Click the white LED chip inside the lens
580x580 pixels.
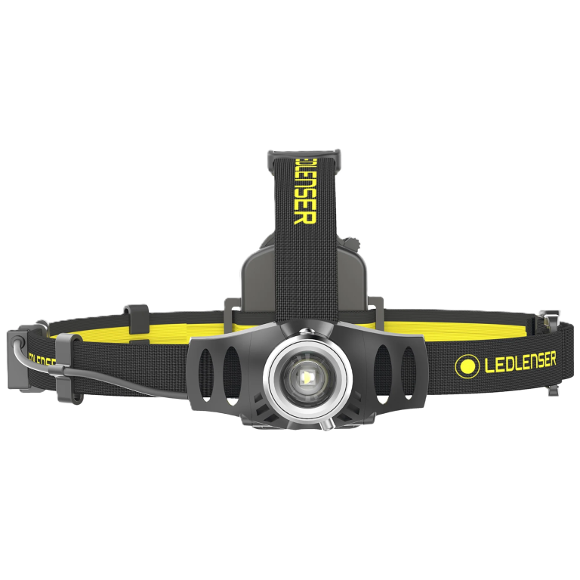point(307,378)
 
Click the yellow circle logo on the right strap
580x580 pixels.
point(467,366)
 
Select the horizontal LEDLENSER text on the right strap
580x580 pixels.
point(520,362)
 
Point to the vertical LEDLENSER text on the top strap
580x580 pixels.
point(305,191)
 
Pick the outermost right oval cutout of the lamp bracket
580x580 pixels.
point(409,372)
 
